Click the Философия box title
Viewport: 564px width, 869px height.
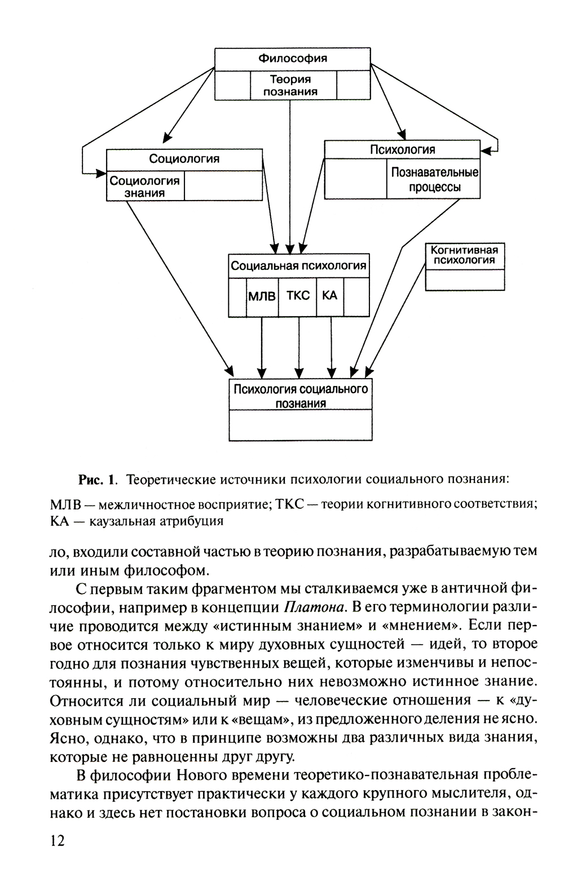[x=293, y=59]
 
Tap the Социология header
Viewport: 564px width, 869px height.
[x=184, y=159]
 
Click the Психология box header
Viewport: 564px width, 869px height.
[x=402, y=149]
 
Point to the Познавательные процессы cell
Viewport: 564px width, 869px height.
[x=434, y=179]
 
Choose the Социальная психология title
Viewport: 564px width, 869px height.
[x=299, y=265]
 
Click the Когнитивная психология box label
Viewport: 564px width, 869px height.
[x=464, y=255]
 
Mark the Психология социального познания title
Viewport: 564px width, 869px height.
[x=301, y=396]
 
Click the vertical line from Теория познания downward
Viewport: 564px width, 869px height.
[x=290, y=169]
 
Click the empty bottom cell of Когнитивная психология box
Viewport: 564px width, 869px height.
[x=464, y=280]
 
